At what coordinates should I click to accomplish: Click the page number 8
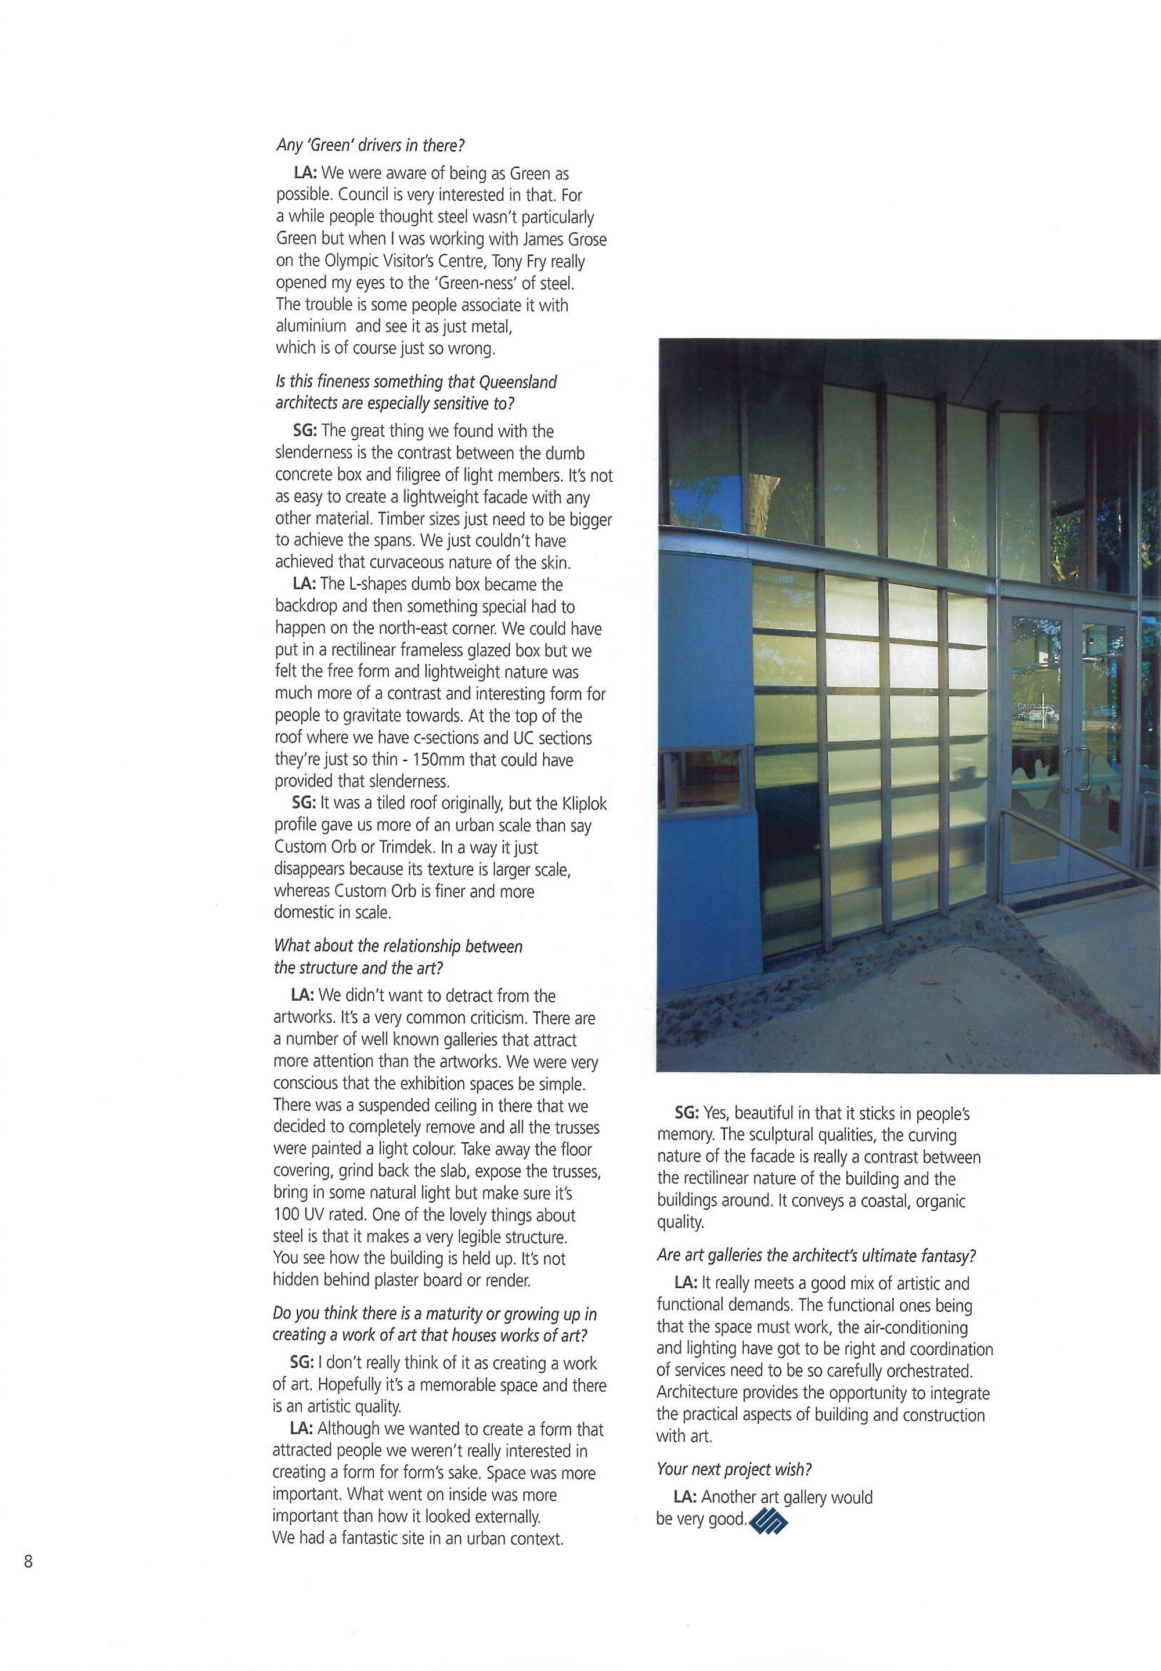[28, 1561]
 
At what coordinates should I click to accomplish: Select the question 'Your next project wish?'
[734, 1469]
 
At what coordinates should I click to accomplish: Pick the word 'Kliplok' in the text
[584, 803]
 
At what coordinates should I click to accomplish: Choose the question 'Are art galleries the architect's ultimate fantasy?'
[816, 1255]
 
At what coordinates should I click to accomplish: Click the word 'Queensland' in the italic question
[520, 382]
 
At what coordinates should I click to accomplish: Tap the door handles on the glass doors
[1075, 768]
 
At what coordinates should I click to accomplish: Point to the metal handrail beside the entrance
[1077, 847]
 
